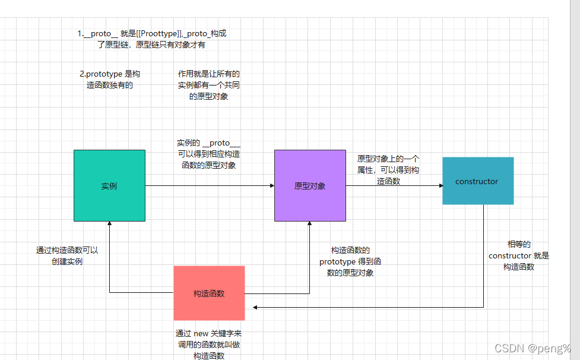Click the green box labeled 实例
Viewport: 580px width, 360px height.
coord(109,186)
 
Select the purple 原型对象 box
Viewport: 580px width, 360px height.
coord(310,186)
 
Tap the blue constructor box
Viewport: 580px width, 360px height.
coord(477,181)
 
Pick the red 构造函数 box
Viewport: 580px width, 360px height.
coord(209,293)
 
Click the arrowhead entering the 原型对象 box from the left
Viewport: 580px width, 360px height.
coord(272,186)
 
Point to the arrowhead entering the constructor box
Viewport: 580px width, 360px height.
coord(440,186)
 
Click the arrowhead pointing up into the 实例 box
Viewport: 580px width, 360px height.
coord(109,224)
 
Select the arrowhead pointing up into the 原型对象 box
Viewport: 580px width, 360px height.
coord(309,224)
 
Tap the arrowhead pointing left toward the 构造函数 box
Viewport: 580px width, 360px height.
coord(255,307)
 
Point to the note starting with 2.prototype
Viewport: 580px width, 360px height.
coord(110,80)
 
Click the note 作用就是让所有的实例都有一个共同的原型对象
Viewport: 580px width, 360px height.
coord(208,85)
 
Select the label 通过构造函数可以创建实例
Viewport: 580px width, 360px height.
coord(67,255)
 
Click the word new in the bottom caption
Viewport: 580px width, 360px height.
coord(202,334)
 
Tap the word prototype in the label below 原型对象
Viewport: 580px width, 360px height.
coord(339,262)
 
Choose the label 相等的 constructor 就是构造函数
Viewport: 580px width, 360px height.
coord(519,255)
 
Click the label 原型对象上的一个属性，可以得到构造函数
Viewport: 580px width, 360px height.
coord(389,170)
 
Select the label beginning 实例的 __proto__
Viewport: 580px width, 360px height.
coord(208,154)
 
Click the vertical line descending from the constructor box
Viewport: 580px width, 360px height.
coord(484,255)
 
